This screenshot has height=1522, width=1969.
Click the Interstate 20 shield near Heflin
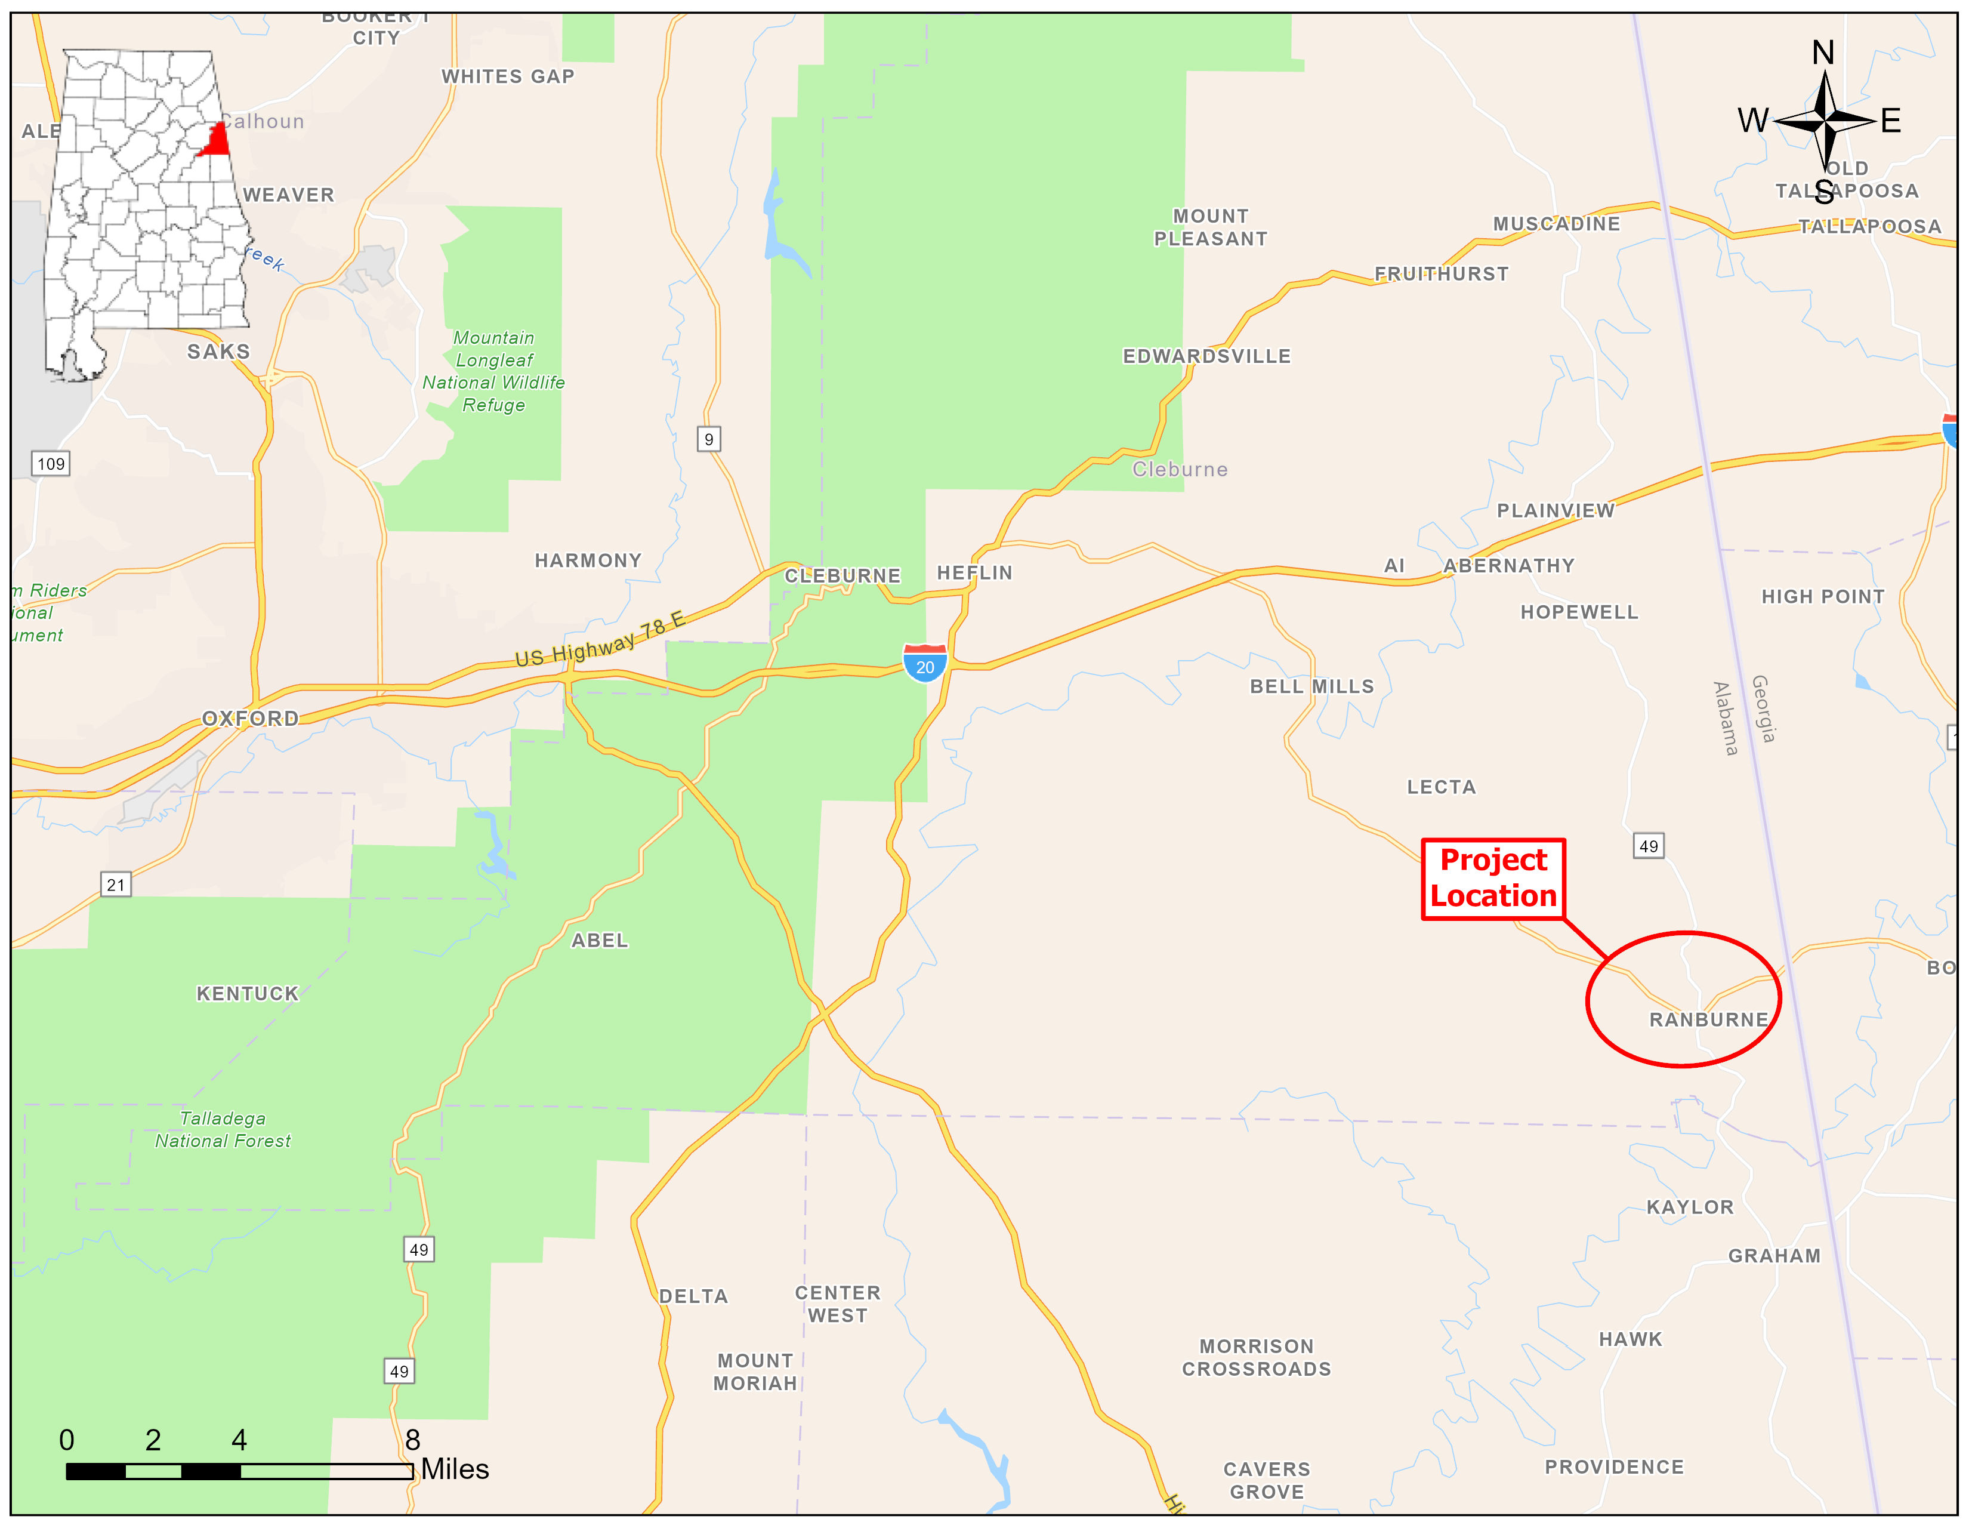925,664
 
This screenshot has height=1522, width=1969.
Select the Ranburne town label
1708,1020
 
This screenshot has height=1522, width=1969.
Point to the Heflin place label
974,572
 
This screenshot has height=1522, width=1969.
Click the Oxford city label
250,719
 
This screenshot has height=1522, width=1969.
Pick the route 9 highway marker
709,439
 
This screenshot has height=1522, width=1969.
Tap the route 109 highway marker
51,463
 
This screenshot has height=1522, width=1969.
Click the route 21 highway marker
115,885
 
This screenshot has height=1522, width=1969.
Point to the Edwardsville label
1206,356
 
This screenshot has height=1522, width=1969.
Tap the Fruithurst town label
1441,274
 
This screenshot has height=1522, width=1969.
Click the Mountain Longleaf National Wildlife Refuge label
494,371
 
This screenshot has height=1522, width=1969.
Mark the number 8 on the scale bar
412,1440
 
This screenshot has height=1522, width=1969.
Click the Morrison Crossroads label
1256,1358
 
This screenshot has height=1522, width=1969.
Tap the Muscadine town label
1556,224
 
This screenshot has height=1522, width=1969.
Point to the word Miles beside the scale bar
455,1469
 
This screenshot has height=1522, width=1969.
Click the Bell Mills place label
1311,686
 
